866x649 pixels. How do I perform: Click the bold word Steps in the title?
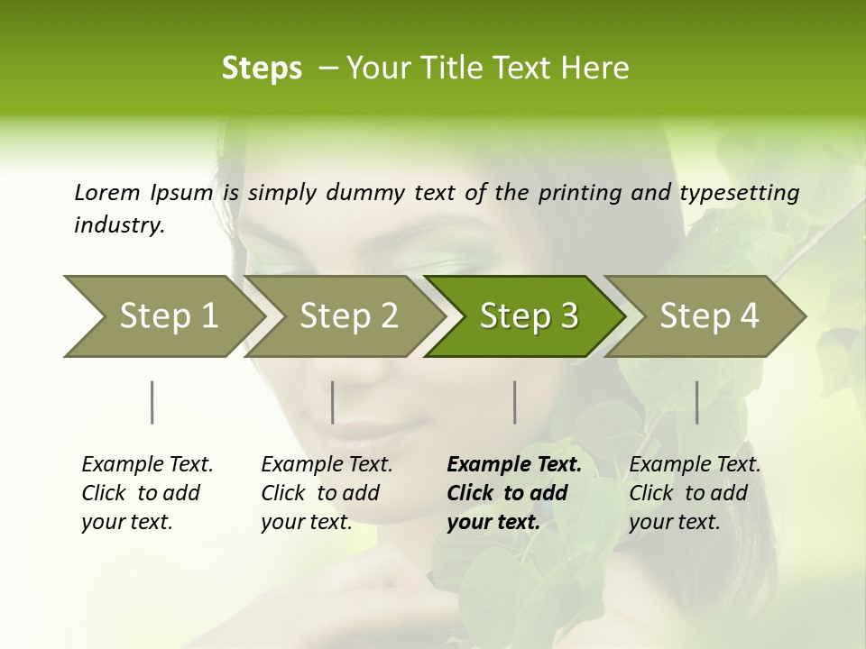[x=262, y=69]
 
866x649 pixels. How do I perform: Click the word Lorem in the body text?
[x=106, y=192]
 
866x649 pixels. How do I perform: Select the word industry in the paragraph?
[x=118, y=224]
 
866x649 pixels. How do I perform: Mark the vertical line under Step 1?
[x=152, y=402]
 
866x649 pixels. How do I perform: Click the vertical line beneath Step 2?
[x=333, y=402]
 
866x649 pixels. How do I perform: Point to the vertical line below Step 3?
[x=514, y=402]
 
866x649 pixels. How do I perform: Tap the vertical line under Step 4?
[x=696, y=402]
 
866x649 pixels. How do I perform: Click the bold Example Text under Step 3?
[x=514, y=465]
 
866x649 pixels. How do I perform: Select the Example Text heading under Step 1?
[x=147, y=465]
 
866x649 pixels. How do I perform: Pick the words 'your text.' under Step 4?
[x=674, y=522]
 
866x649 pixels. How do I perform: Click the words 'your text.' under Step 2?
[x=306, y=522]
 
